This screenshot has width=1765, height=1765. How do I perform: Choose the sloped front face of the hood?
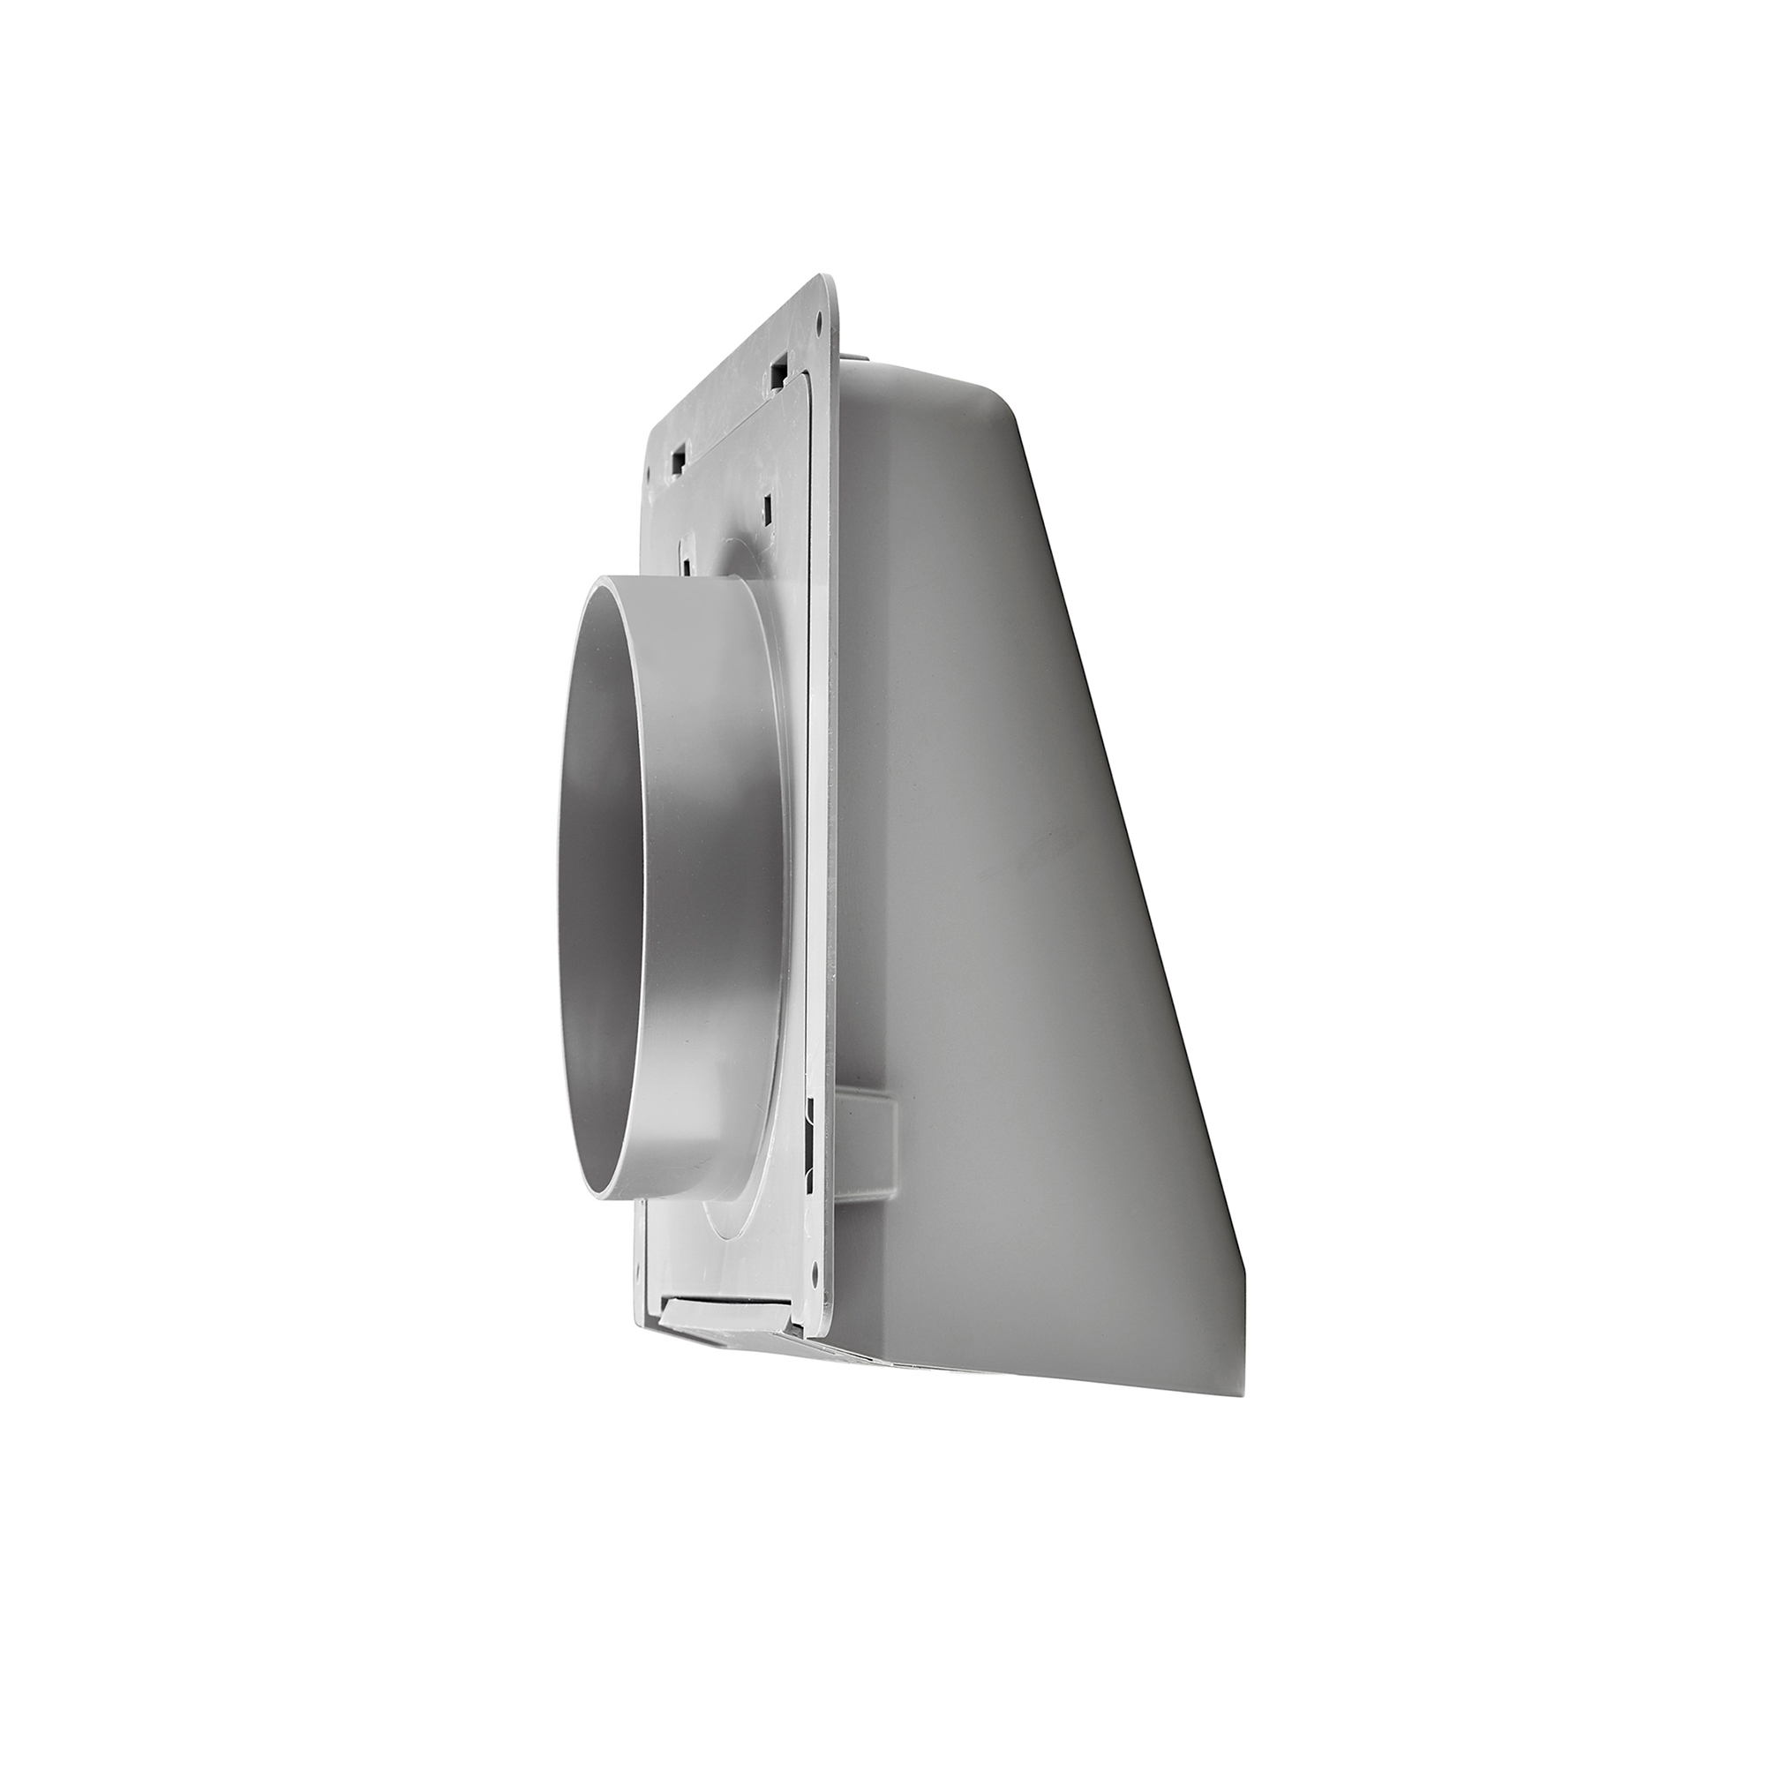pyautogui.click(x=1050, y=913)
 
